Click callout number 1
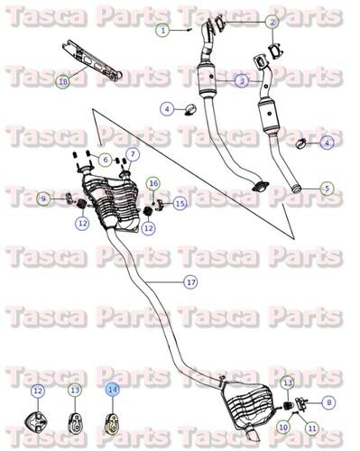pos(162,30)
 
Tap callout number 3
pos(242,81)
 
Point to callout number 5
pos(327,189)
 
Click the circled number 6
pos(106,161)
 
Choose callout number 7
pos(133,154)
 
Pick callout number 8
pos(328,401)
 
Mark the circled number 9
pos(42,198)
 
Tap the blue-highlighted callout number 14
pos(112,390)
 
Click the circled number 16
pos(153,184)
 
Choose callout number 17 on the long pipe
pos(190,282)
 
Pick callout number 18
pos(62,81)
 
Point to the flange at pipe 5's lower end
pos(260,188)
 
